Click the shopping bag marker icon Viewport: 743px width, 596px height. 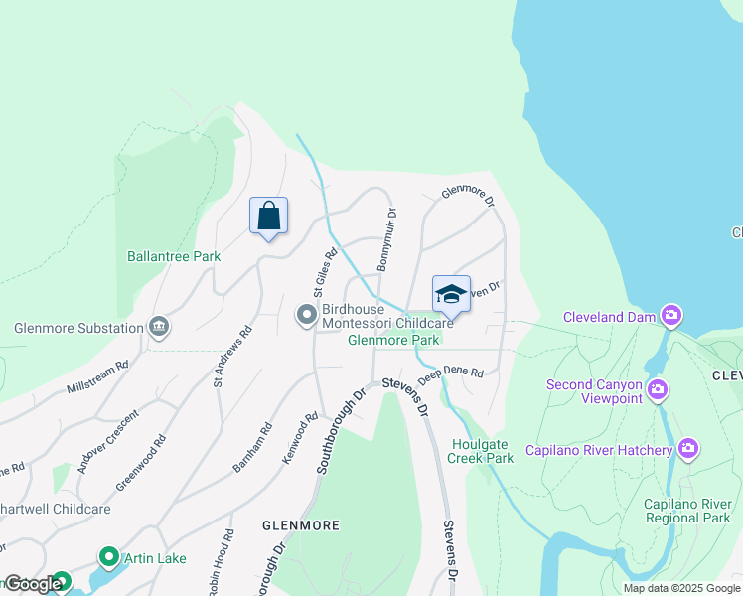pos(268,216)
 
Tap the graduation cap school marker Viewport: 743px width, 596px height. pos(451,294)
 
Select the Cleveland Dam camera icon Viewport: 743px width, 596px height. pos(672,316)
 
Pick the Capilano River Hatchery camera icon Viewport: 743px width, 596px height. pos(689,450)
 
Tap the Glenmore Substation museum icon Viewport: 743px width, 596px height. pos(158,327)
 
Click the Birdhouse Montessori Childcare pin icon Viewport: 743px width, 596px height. pos(307,315)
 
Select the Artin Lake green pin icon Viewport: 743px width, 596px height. pos(109,558)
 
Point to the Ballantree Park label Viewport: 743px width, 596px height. pos(174,256)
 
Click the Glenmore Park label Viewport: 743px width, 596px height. pos(393,340)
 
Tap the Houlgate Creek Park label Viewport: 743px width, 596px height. pos(482,451)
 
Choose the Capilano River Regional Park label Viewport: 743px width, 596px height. pos(686,511)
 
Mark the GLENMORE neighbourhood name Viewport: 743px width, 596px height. pos(300,524)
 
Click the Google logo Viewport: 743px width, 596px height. pos(32,584)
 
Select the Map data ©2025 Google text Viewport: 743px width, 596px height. pos(680,588)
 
